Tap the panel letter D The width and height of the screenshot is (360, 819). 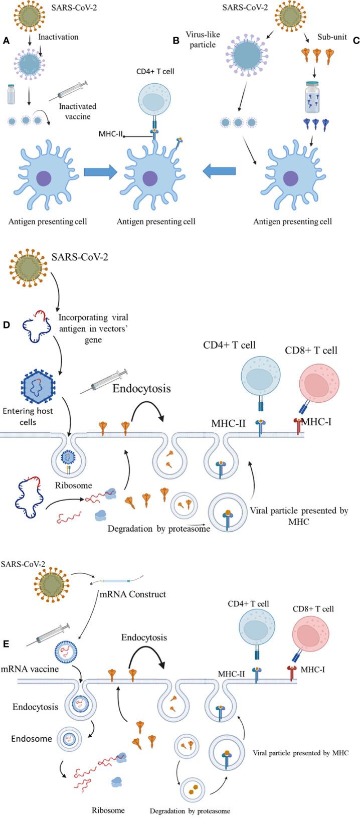6,325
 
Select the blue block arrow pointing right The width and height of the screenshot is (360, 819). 100,172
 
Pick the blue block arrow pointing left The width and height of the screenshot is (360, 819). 219,172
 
